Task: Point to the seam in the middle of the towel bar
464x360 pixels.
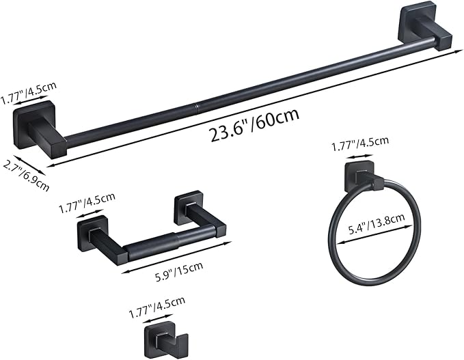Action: (195, 106)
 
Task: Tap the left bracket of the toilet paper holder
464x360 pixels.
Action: (96, 236)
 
